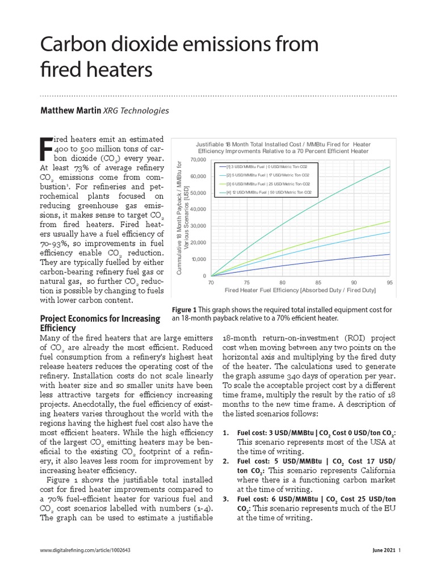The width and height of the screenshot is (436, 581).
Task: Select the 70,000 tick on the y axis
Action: [x=197, y=159]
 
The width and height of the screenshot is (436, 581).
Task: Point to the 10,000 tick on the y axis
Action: [x=198, y=259]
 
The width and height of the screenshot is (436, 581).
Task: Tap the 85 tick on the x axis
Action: [x=318, y=282]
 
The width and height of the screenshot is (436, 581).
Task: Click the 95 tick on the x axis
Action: [x=389, y=282]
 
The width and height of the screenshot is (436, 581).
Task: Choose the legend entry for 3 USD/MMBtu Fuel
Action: [x=267, y=166]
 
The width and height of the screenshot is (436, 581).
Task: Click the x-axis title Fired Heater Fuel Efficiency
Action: [x=300, y=290]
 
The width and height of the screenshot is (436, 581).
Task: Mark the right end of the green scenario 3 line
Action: [x=389, y=221]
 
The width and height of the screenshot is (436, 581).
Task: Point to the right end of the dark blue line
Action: [x=389, y=254]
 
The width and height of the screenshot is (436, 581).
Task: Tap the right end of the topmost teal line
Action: [x=389, y=166]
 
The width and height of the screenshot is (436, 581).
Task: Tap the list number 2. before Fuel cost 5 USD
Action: [x=225, y=461]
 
